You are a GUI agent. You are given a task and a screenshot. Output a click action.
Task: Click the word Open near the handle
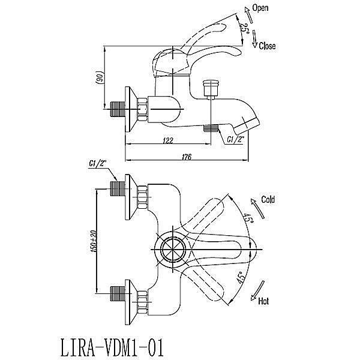(x=260, y=8)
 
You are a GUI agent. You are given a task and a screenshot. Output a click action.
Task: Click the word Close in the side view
(x=268, y=46)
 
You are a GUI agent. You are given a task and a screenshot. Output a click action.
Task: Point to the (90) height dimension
(x=100, y=77)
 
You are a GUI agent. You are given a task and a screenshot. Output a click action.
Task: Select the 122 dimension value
(x=167, y=140)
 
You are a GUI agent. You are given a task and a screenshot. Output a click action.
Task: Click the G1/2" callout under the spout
(x=235, y=140)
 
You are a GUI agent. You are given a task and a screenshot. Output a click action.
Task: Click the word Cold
(x=268, y=200)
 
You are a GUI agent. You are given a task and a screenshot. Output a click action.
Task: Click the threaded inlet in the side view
(x=118, y=110)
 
